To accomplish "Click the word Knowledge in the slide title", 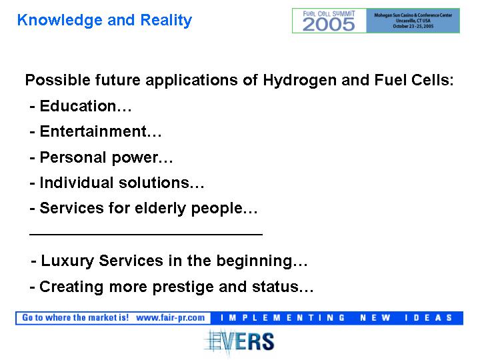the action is point(60,21).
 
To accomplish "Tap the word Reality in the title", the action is point(166,21).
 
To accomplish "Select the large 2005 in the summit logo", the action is point(329,25).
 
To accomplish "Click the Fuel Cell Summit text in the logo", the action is point(329,13).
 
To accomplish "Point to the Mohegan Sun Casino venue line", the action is point(413,15).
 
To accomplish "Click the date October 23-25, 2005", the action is point(413,26).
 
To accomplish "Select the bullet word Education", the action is point(78,106).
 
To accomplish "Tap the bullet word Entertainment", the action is point(93,131).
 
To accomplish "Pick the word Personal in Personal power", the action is point(73,157).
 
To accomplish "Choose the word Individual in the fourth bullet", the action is point(77,183).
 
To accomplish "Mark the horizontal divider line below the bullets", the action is point(146,235).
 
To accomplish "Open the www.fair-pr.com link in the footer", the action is point(171,318).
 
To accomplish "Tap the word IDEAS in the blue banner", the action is point(428,318).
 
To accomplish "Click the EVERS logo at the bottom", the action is point(239,341).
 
